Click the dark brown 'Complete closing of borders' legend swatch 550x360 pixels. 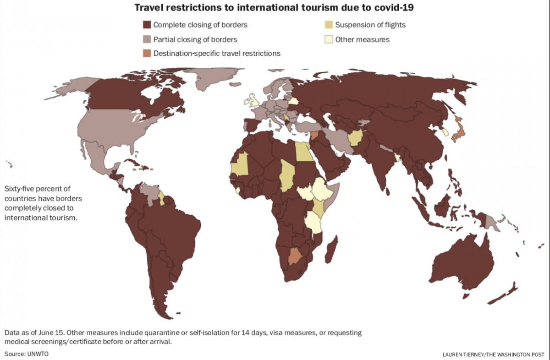click(x=147, y=25)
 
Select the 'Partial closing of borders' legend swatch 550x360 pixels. click(x=147, y=39)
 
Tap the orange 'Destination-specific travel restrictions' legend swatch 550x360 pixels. click(x=147, y=53)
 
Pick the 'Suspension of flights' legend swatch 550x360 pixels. click(x=328, y=25)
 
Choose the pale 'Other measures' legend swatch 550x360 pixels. click(x=328, y=39)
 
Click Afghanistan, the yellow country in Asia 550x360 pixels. click(x=356, y=136)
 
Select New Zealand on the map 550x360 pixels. click(x=504, y=293)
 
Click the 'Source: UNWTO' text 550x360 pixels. click(x=27, y=354)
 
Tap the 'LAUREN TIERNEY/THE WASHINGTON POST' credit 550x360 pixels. click(x=494, y=355)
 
